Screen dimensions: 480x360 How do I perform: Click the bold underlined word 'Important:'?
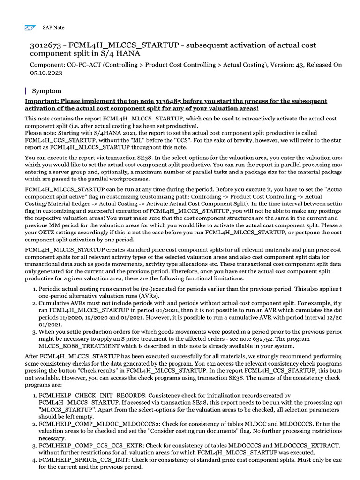click(x=42, y=101)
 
